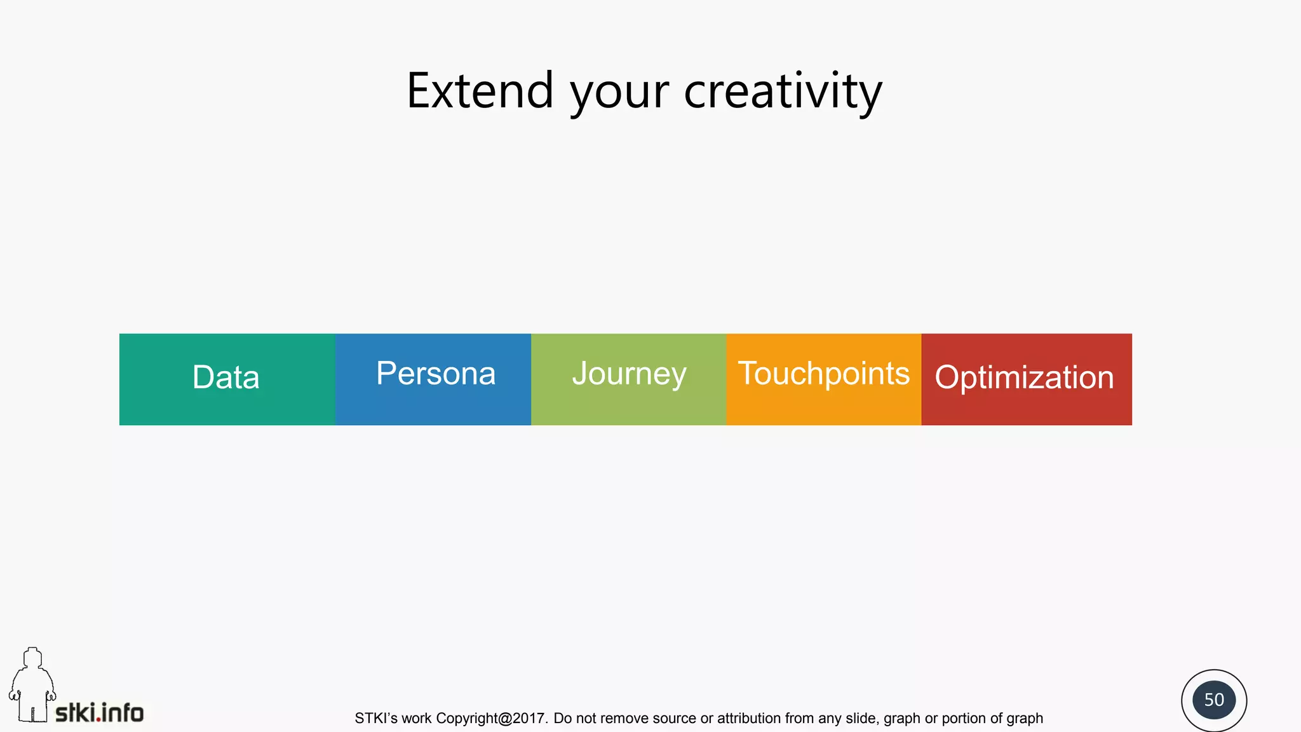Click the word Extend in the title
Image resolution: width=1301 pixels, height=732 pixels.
tap(480, 91)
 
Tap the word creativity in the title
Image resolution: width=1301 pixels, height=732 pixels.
tap(783, 91)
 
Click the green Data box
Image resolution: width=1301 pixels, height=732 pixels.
tap(226, 379)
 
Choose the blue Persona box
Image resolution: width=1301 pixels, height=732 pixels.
tap(435, 379)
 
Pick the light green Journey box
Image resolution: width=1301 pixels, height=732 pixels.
tap(629, 379)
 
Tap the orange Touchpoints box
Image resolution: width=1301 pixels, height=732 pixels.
tap(823, 379)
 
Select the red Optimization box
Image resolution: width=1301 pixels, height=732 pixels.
tap(1025, 379)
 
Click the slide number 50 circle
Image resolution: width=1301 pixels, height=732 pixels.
tap(1213, 700)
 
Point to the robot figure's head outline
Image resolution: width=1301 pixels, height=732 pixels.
tap(32, 658)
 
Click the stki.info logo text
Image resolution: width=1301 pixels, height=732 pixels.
tap(100, 713)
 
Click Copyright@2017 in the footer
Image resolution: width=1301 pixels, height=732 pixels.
tap(491, 719)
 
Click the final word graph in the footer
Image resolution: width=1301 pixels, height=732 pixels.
tap(1025, 719)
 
